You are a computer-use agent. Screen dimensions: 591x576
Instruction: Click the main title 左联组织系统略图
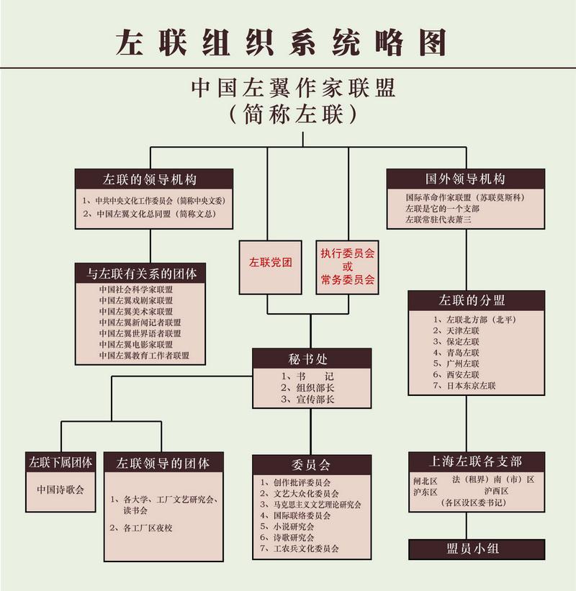tap(282, 42)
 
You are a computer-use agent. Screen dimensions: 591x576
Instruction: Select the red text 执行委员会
tap(348, 255)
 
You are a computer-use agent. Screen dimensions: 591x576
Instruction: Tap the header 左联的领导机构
tap(154, 179)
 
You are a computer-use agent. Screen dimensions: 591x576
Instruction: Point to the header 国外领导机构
tap(464, 179)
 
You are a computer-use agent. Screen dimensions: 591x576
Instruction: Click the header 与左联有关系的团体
tap(142, 274)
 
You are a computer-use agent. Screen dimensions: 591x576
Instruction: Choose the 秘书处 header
tap(311, 358)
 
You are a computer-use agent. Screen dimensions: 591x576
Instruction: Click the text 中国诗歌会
tap(60, 490)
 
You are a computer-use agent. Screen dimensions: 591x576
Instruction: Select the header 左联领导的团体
tap(163, 463)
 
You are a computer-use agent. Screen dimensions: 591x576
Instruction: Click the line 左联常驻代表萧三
tap(438, 220)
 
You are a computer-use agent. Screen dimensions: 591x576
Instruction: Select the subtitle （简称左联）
tap(292, 114)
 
